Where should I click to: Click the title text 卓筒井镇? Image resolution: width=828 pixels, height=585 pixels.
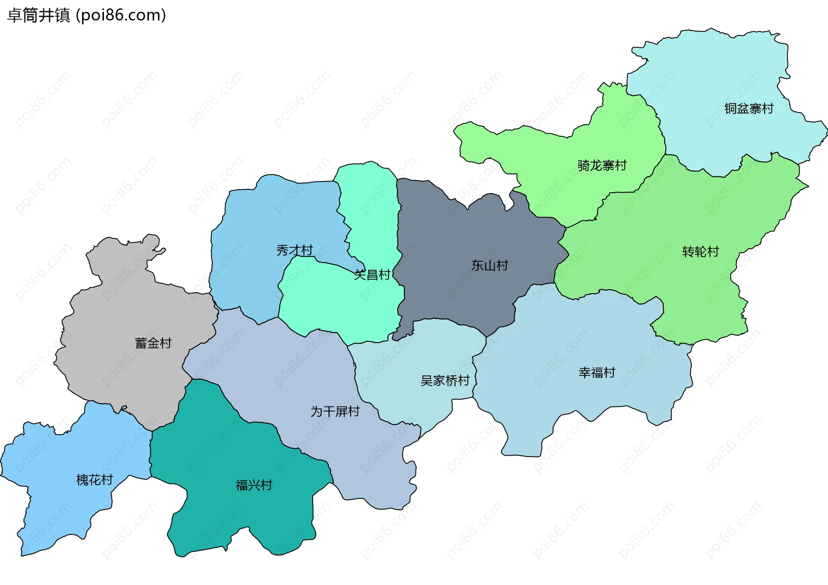pyautogui.click(x=39, y=16)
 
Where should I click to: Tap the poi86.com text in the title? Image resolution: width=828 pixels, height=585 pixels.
pyautogui.click(x=121, y=16)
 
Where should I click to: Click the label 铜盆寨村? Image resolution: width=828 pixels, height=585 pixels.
pyautogui.click(x=749, y=109)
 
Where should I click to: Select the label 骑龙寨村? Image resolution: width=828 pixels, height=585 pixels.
pyautogui.click(x=602, y=166)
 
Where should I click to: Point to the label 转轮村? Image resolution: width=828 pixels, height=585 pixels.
pyautogui.click(x=700, y=252)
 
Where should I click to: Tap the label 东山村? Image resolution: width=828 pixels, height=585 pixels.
pyautogui.click(x=489, y=266)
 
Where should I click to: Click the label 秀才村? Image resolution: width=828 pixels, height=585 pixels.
pyautogui.click(x=295, y=250)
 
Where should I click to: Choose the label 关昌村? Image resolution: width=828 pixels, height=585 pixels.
pyautogui.click(x=372, y=275)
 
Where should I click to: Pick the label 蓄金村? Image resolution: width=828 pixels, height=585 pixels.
pyautogui.click(x=153, y=343)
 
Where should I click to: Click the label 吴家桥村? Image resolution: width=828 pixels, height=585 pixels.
pyautogui.click(x=445, y=381)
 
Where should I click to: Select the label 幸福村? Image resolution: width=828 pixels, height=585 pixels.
pyautogui.click(x=597, y=372)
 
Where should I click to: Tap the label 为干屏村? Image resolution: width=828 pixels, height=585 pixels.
pyautogui.click(x=335, y=411)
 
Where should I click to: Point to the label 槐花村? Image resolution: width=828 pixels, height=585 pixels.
pyautogui.click(x=94, y=480)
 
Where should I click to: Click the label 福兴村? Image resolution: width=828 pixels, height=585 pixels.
pyautogui.click(x=254, y=485)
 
